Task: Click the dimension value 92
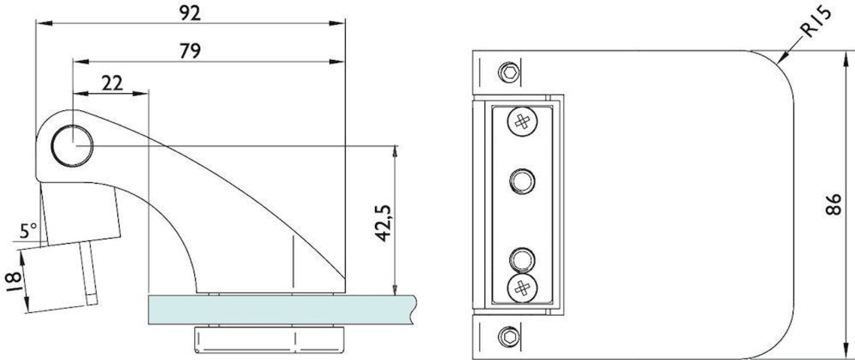[190, 13]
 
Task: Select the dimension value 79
[190, 51]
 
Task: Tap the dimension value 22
[111, 83]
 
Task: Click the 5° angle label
[28, 230]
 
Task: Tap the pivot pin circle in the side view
[73, 145]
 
